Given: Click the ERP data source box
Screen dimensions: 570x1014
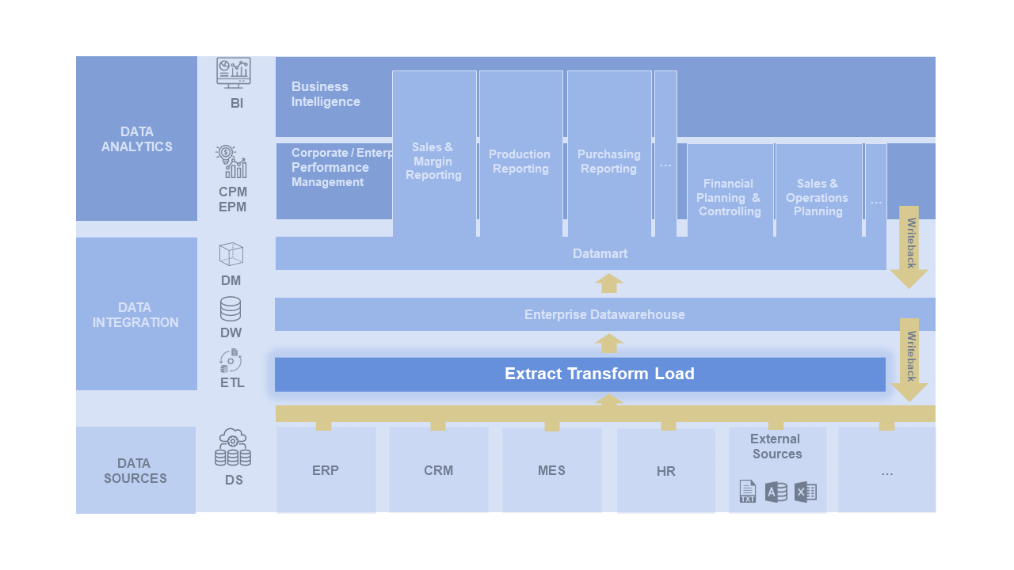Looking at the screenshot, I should click(x=326, y=470).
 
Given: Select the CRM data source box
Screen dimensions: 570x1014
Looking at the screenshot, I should click(x=438, y=470).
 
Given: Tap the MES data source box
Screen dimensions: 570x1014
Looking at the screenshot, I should click(x=551, y=470).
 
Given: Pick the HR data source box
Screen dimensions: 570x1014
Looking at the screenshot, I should click(x=665, y=471).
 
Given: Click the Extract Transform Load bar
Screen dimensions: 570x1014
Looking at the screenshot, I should click(x=580, y=374).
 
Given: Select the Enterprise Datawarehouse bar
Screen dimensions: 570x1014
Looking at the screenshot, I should click(x=604, y=314).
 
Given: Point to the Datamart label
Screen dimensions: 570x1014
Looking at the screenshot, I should click(x=600, y=254).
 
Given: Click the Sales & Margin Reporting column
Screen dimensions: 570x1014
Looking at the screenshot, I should click(x=434, y=161).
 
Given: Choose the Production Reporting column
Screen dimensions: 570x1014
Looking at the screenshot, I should click(x=520, y=161).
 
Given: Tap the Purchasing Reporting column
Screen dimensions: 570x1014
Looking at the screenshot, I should click(x=608, y=161).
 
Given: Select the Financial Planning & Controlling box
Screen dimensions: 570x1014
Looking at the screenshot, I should click(x=730, y=197).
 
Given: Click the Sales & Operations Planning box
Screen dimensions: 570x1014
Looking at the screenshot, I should click(x=818, y=197).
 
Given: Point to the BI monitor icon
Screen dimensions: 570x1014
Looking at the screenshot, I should click(x=234, y=73).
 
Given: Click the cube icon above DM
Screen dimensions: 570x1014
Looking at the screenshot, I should click(x=231, y=255).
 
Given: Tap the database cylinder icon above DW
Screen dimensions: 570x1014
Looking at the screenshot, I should click(x=231, y=309).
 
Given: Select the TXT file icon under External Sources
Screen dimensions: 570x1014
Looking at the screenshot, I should click(x=748, y=492).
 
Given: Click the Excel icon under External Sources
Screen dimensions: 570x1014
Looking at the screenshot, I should click(x=806, y=492).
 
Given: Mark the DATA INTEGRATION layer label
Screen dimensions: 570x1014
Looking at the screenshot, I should click(x=136, y=314).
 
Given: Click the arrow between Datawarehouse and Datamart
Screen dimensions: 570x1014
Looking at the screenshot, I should click(x=609, y=283).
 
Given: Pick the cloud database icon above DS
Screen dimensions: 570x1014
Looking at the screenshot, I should click(x=233, y=448).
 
